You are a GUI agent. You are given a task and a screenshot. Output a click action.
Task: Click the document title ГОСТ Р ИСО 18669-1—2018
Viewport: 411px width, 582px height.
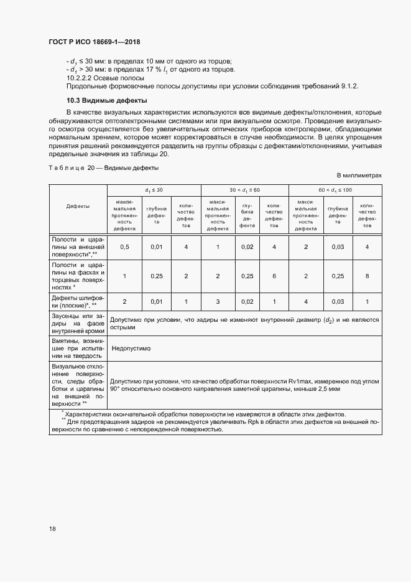(x=94, y=42)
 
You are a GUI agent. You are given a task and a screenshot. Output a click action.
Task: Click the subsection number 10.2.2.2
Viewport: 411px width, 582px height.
(x=80, y=78)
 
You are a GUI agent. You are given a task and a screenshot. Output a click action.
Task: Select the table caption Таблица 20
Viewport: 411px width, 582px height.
(x=72, y=167)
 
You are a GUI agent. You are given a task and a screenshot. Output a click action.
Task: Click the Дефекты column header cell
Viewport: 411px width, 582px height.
(x=78, y=206)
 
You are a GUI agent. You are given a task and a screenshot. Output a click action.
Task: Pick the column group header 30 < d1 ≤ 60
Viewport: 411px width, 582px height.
(x=245, y=189)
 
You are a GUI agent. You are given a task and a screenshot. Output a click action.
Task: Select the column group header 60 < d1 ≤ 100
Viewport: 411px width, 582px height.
(x=335, y=189)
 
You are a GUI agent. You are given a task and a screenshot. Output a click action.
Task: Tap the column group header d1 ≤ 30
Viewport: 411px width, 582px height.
(x=154, y=189)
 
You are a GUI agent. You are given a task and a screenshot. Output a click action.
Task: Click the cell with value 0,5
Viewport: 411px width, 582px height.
(x=124, y=247)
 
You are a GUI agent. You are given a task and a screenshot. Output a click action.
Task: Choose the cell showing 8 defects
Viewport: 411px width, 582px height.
(x=367, y=276)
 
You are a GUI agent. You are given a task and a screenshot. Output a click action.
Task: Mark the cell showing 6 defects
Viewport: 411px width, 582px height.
(x=274, y=276)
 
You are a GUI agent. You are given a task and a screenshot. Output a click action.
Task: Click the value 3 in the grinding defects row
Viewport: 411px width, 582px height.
(x=218, y=302)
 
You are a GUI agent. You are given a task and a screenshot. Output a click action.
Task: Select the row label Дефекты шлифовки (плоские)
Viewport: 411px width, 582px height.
(x=78, y=302)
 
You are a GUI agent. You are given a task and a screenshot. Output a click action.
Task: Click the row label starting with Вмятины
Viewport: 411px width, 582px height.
(x=78, y=349)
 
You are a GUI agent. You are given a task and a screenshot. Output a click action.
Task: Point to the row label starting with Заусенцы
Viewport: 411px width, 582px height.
(x=78, y=324)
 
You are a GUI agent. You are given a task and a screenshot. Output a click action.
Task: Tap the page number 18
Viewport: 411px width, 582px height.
(x=52, y=528)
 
